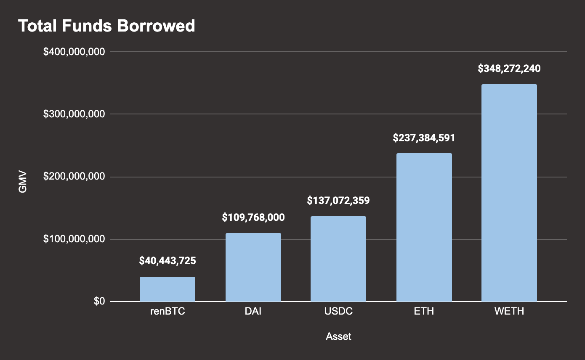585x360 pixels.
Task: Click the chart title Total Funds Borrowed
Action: click(x=106, y=26)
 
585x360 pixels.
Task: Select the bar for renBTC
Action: click(x=168, y=289)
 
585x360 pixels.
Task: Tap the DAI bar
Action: click(x=253, y=267)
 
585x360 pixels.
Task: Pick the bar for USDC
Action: click(x=338, y=259)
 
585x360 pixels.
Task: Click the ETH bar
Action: click(x=424, y=228)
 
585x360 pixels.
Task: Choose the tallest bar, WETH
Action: click(x=509, y=193)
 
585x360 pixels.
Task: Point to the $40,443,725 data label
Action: click(x=168, y=261)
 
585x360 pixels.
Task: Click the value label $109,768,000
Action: click(x=253, y=217)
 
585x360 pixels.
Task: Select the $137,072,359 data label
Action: click(x=338, y=201)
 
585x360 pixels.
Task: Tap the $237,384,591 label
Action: click(x=424, y=138)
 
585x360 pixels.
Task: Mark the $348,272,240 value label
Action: click(x=509, y=69)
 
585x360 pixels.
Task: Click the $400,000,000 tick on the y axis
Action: click(x=74, y=52)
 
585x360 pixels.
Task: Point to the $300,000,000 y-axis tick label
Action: click(x=74, y=114)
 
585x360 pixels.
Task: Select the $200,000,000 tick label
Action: click(x=74, y=177)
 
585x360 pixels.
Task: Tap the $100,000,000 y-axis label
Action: click(x=74, y=239)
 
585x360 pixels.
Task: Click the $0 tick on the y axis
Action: click(x=99, y=302)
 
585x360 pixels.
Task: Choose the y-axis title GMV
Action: click(x=23, y=182)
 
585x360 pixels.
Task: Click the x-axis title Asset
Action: click(x=338, y=336)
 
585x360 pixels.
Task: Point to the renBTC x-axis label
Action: click(x=168, y=312)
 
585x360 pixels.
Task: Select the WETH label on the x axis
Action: click(x=509, y=312)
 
